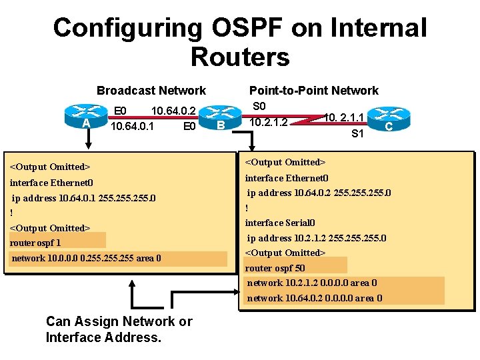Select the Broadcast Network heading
(x=151, y=90)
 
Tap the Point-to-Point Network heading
(x=313, y=90)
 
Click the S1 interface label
(x=358, y=133)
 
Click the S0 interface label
(x=259, y=107)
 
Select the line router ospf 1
(x=35, y=243)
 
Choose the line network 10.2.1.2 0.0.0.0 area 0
(x=312, y=283)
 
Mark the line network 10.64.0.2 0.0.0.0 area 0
(x=315, y=298)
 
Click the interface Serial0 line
(x=280, y=223)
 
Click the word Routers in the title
(x=240, y=57)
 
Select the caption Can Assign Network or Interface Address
(x=119, y=329)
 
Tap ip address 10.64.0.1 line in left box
(x=84, y=198)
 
